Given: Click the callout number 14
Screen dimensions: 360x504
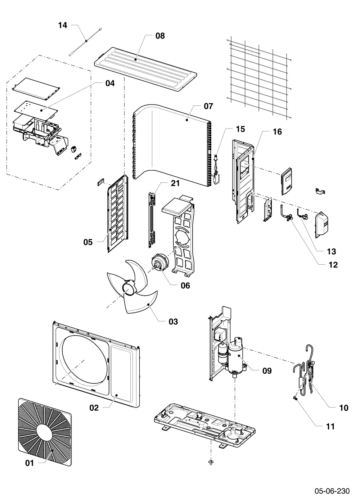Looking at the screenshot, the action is click(x=63, y=25).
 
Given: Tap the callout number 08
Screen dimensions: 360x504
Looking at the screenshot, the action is click(x=160, y=36).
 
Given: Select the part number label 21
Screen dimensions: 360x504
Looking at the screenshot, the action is click(x=175, y=183).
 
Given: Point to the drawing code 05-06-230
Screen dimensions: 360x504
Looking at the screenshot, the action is click(x=332, y=491).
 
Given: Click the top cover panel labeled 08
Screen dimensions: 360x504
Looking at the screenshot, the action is click(x=145, y=69).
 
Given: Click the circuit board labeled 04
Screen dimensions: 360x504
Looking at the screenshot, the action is click(x=36, y=109).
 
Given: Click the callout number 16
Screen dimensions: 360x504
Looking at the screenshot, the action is click(x=277, y=132).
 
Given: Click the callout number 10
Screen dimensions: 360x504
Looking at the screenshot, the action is click(x=343, y=408).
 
